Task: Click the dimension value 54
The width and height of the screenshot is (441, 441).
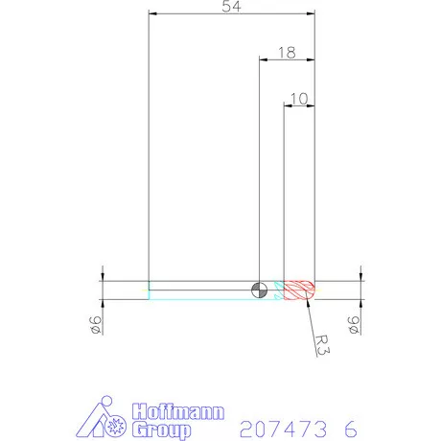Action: point(230,8)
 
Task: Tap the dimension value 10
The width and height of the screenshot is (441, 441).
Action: point(298,98)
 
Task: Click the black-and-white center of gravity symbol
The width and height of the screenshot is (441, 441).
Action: point(260,290)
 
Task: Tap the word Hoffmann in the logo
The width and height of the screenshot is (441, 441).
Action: point(176,412)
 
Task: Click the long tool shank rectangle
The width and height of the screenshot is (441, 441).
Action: point(201,290)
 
